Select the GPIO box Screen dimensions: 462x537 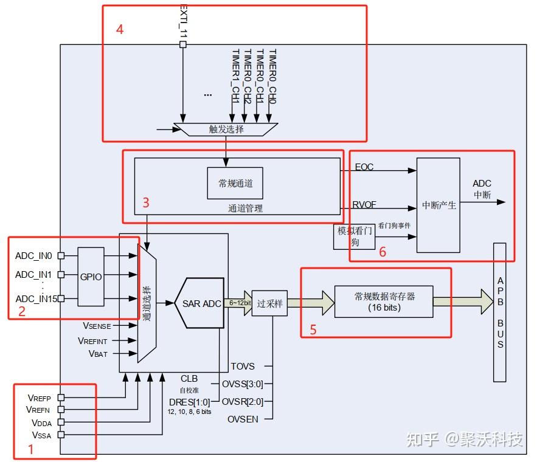tap(91, 276)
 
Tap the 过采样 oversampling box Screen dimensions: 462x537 tap(269, 303)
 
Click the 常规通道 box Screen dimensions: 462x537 tap(235, 183)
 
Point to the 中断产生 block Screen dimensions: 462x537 tap(438, 205)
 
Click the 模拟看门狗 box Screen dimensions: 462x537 tap(354, 236)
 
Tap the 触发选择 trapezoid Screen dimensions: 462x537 tap(226, 129)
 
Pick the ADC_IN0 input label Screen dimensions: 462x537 tap(33, 255)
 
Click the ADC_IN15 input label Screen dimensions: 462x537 tap(36, 298)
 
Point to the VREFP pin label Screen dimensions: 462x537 tap(40, 398)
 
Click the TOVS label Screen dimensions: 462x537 tap(243, 366)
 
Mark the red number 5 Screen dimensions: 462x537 tap(313, 329)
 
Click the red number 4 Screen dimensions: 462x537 tap(120, 29)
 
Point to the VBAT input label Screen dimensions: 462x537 tap(98, 353)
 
